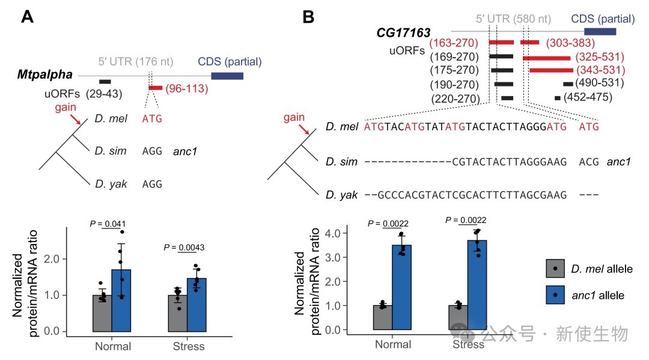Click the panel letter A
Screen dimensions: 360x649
pyautogui.click(x=27, y=17)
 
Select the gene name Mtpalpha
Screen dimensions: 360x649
pyautogui.click(x=45, y=75)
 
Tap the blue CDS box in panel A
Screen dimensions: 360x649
pyautogui.click(x=227, y=76)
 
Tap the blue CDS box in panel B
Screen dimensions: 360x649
pyautogui.click(x=600, y=31)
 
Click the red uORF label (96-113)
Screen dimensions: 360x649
pyautogui.click(x=187, y=89)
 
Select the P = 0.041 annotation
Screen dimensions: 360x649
pyautogui.click(x=106, y=224)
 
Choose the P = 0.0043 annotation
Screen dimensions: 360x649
pyautogui.click(x=187, y=248)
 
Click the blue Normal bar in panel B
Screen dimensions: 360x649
pyautogui.click(x=402, y=287)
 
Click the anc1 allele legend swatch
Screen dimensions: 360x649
pyautogui.click(x=556, y=295)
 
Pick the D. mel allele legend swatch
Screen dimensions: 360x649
pyautogui.click(x=556, y=269)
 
